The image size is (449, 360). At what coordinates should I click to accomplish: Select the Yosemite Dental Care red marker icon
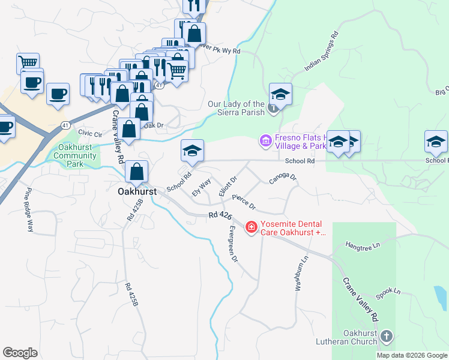(x=251, y=227)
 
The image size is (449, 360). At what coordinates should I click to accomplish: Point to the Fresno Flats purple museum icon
(x=265, y=141)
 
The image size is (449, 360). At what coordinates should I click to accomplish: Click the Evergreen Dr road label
(x=233, y=244)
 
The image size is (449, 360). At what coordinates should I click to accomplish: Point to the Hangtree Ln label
(x=364, y=245)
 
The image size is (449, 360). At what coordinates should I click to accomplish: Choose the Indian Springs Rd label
(x=322, y=51)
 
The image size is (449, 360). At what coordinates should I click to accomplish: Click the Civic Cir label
(x=90, y=134)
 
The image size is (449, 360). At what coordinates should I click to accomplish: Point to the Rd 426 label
(x=220, y=215)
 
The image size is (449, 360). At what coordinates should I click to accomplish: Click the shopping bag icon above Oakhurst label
(x=137, y=171)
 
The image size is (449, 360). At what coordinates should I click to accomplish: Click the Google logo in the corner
(x=20, y=353)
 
